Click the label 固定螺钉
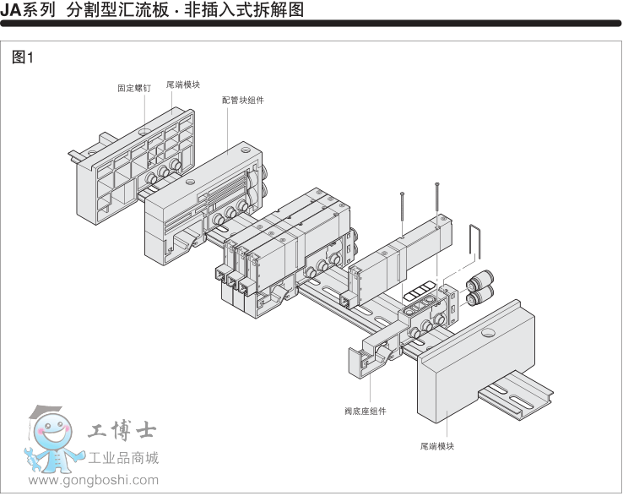pos(134,87)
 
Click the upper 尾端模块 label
pos(182,84)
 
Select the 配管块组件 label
pos(243,99)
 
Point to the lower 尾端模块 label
pos(437,445)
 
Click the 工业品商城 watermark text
pos(124,459)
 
